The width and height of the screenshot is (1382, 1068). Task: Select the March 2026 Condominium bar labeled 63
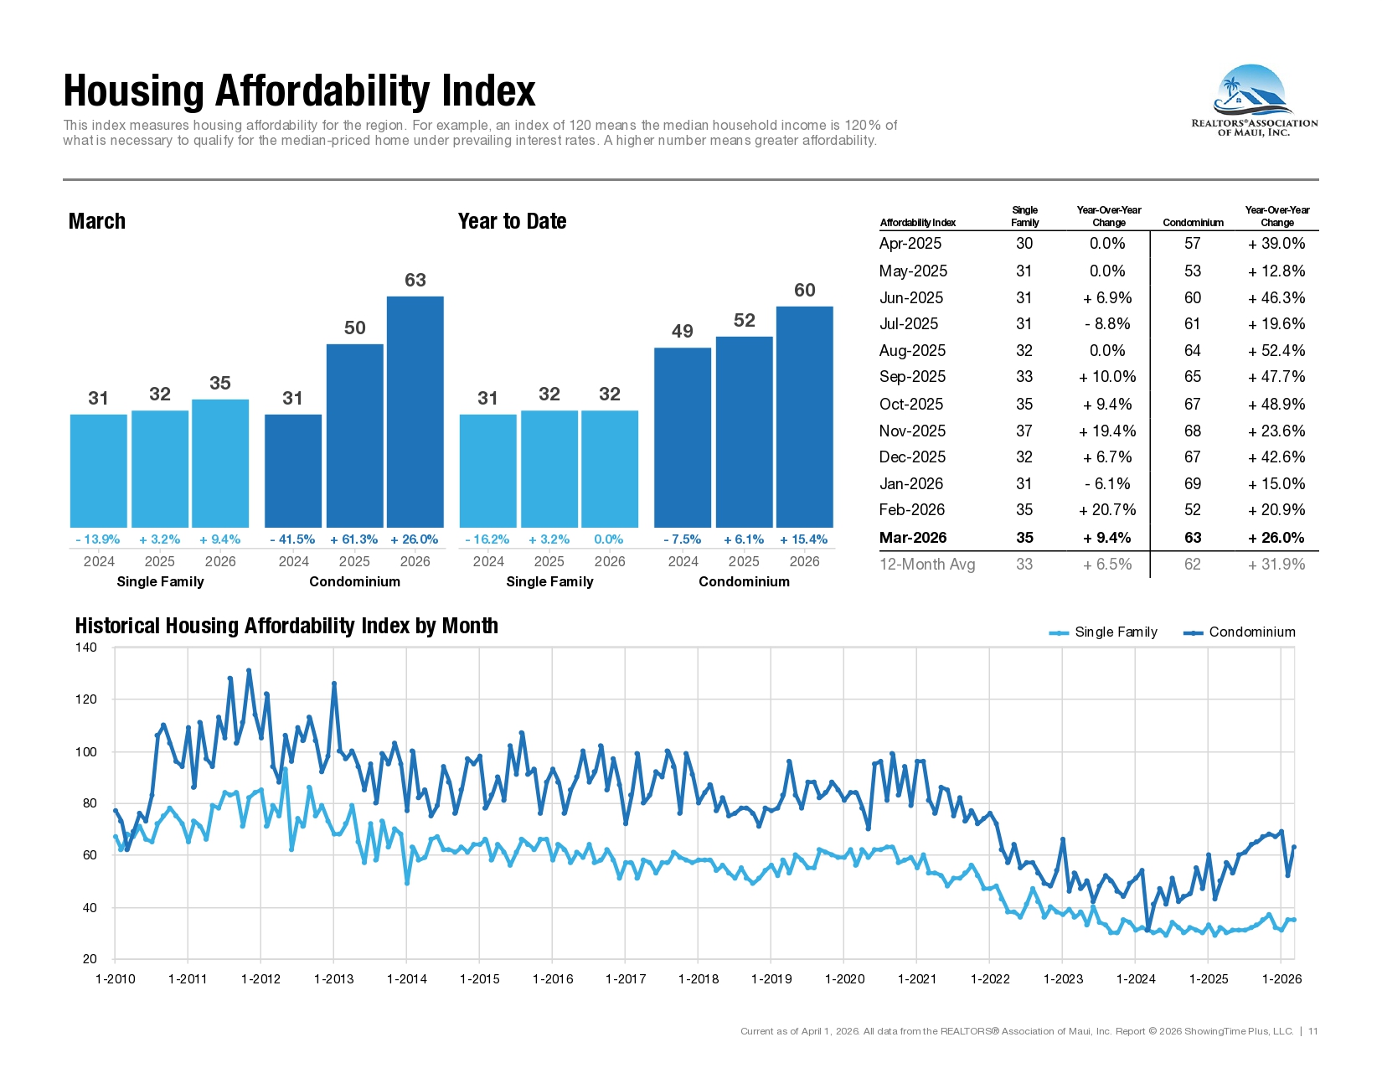point(415,411)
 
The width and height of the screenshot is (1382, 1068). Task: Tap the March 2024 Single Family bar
point(99,471)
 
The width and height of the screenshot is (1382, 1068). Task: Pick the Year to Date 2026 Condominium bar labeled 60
point(805,416)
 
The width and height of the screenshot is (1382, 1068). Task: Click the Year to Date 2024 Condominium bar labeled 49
point(683,437)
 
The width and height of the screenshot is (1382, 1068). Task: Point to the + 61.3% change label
point(353,539)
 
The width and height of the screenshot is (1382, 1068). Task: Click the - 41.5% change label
point(292,539)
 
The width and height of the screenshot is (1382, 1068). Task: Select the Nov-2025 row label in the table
point(912,431)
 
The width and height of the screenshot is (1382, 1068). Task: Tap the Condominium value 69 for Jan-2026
point(1193,483)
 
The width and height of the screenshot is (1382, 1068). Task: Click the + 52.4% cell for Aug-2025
point(1276,350)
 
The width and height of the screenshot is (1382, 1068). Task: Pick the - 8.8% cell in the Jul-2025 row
point(1108,324)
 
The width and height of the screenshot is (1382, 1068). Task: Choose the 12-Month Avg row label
point(927,565)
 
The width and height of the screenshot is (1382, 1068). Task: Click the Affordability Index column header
point(918,223)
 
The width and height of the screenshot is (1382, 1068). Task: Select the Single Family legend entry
point(1103,632)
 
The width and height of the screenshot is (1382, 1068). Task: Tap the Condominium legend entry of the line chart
point(1240,632)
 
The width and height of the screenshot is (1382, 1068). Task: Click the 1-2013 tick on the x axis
point(334,979)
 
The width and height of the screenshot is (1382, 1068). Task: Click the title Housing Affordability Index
point(299,90)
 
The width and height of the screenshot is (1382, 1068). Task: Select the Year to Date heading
point(512,221)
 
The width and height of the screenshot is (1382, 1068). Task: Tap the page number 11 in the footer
point(1312,1031)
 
